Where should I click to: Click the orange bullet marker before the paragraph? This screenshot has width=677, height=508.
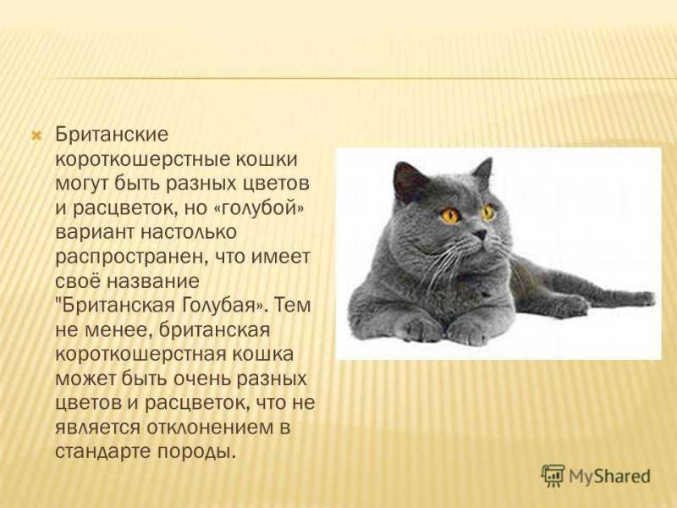click(x=36, y=136)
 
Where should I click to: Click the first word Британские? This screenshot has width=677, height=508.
click(x=112, y=135)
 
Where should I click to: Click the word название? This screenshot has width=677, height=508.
click(x=153, y=281)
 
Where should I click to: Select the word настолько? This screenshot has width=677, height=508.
click(x=189, y=233)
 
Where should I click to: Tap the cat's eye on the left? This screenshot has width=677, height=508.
click(x=450, y=215)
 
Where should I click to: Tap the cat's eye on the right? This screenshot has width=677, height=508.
click(x=488, y=213)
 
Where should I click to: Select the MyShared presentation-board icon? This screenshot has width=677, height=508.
click(x=553, y=476)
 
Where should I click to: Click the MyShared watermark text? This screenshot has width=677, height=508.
click(x=609, y=476)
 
